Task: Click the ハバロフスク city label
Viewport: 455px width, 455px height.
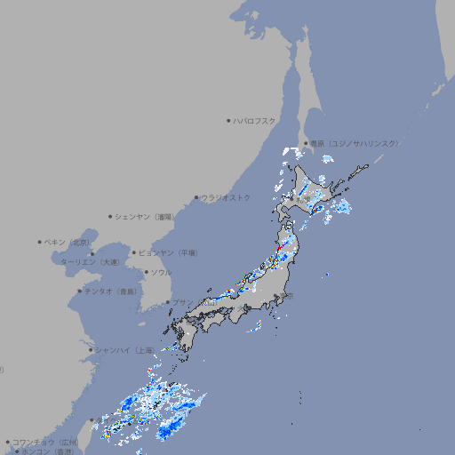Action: [255, 120]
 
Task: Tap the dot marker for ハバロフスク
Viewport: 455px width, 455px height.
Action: [229, 120]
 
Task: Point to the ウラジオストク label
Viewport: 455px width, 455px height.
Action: [227, 197]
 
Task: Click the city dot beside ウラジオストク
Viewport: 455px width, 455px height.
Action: [197, 197]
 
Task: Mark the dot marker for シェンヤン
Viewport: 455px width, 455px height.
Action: [111, 216]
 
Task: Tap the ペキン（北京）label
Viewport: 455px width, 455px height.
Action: [68, 242]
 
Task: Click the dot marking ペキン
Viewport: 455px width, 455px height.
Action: [40, 242]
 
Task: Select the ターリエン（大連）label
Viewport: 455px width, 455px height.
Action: [90, 263]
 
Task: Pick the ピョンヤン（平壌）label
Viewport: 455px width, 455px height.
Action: [168, 252]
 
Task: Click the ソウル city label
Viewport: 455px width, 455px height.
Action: [161, 272]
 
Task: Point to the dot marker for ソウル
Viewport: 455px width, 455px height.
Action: [145, 272]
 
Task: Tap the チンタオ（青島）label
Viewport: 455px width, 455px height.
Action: [112, 291]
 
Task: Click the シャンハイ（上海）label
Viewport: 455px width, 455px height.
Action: [125, 350]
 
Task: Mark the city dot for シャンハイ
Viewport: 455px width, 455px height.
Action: [91, 350]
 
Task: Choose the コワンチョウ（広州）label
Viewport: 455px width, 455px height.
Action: [45, 442]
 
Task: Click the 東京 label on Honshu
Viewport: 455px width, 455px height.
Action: [290, 297]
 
